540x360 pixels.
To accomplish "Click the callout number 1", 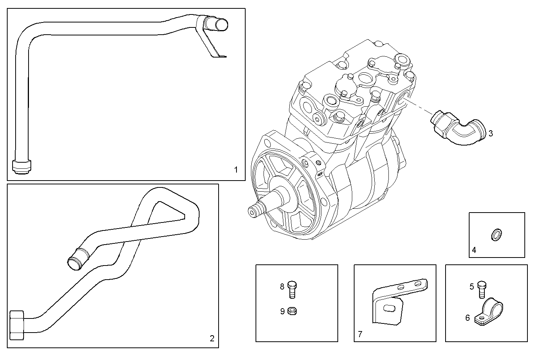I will [x=236, y=170].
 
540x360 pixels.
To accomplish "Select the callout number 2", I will [x=212, y=338].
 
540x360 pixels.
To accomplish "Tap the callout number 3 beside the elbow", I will [x=491, y=133].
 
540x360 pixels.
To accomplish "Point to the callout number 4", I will [x=474, y=250].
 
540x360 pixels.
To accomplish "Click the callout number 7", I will [x=360, y=334].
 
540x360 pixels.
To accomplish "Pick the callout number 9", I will [x=282, y=311].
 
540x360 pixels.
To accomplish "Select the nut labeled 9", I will [x=292, y=311].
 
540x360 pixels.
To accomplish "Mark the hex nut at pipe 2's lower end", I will [x=17, y=325].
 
